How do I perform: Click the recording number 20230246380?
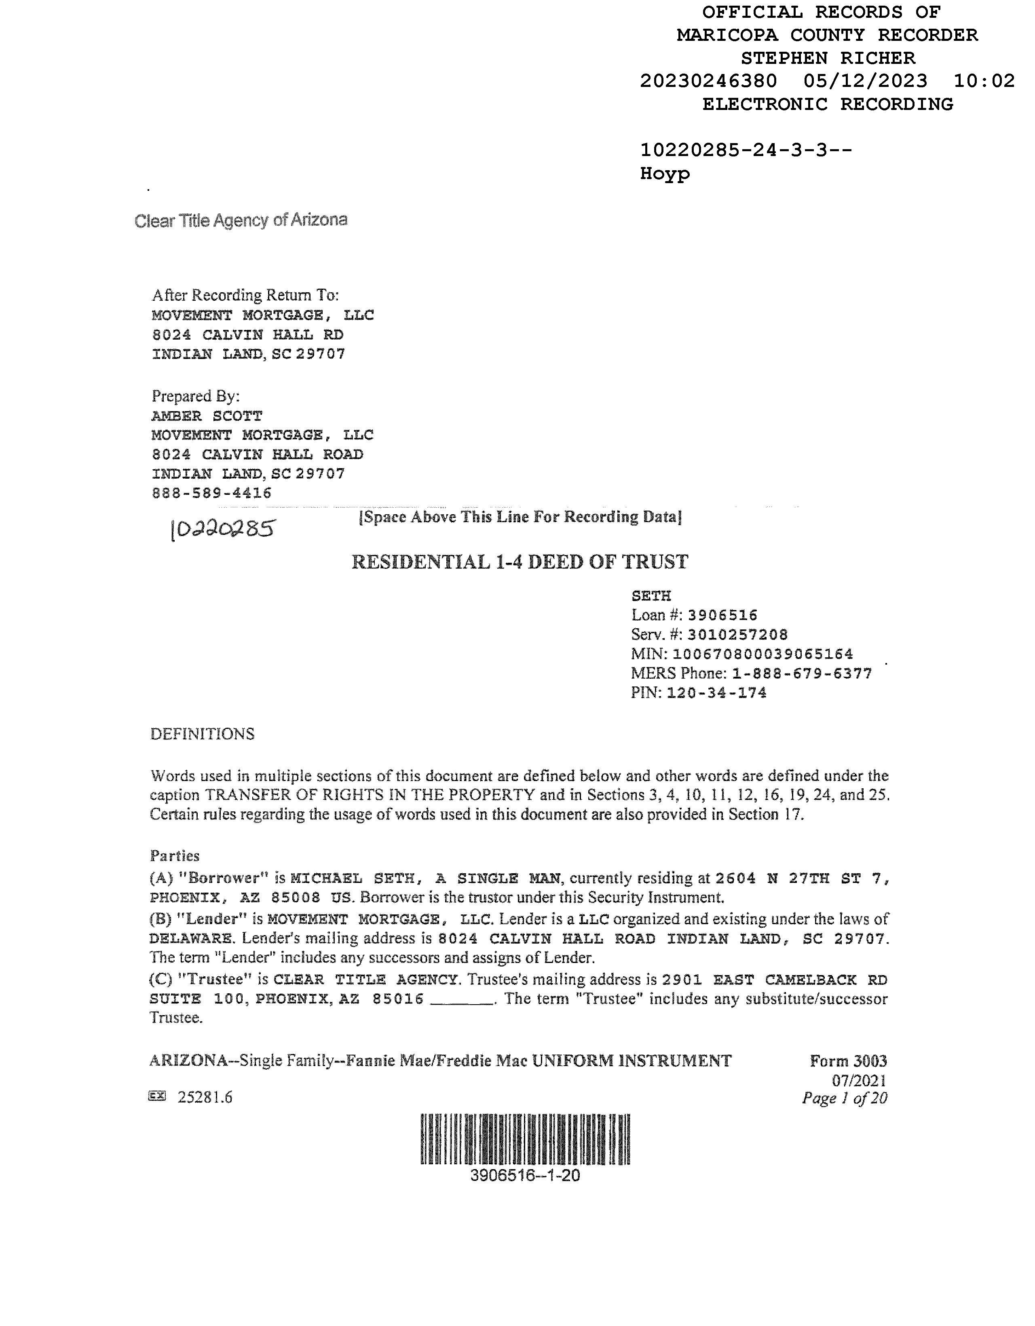[708, 81]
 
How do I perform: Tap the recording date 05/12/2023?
[865, 81]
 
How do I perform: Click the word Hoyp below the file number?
[665, 174]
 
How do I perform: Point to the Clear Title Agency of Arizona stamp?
[241, 220]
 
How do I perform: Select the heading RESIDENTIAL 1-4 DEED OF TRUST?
[520, 562]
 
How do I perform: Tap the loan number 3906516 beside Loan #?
[722, 615]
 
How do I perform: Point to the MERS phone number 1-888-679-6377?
[802, 674]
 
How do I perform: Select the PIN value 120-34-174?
[716, 693]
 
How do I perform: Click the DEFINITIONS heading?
[202, 734]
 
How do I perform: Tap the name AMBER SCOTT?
[206, 416]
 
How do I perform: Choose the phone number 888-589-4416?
[211, 493]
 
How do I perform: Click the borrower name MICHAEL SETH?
[352, 878]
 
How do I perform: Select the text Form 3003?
[848, 1061]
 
